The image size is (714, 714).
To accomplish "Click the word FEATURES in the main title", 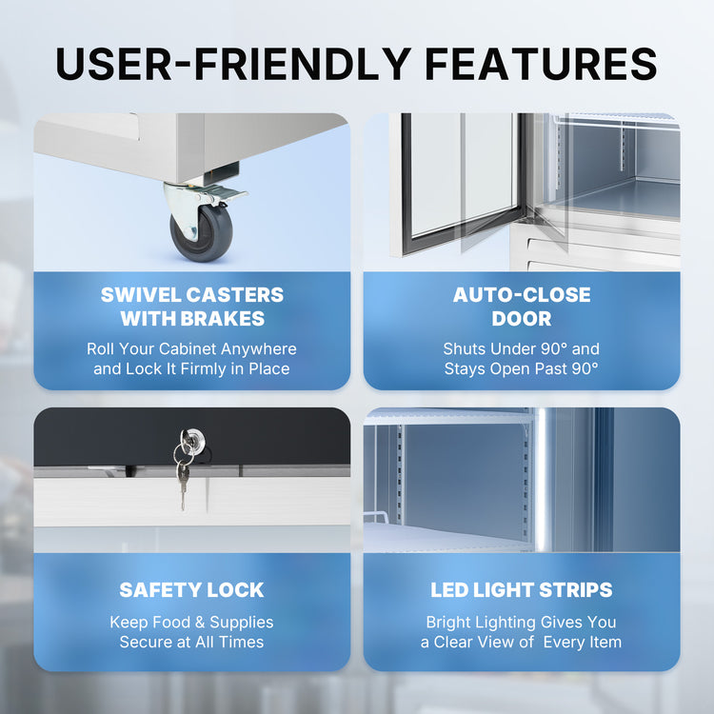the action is (541, 63).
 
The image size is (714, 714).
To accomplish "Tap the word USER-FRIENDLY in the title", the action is (233, 63).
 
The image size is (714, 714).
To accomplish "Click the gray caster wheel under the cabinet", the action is (201, 232).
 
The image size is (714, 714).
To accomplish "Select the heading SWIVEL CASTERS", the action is (192, 295).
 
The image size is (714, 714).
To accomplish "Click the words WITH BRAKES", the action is (192, 319).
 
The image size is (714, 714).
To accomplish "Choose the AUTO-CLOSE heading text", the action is (522, 295).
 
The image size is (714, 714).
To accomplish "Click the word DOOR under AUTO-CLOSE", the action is (522, 319).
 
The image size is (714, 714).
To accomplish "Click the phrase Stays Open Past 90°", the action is (522, 368).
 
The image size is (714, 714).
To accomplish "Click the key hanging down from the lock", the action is (183, 485).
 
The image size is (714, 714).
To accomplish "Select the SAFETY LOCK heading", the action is (191, 590).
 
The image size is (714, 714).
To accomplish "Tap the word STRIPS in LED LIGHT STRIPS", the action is (576, 590).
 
